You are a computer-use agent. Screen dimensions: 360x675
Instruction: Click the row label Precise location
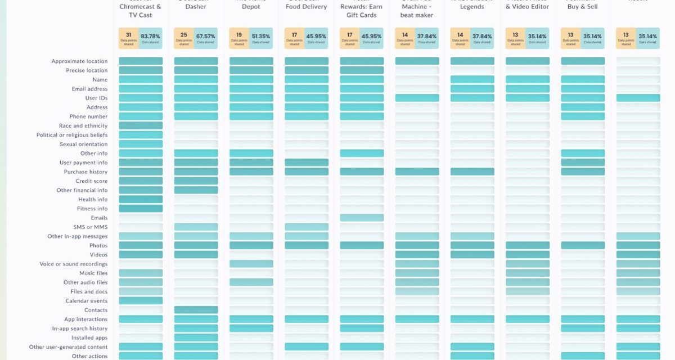click(87, 70)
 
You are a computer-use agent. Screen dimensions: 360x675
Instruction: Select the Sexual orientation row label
click(83, 144)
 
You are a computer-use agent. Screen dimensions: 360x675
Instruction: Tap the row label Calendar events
click(86, 301)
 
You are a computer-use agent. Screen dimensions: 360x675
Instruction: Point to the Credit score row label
click(92, 181)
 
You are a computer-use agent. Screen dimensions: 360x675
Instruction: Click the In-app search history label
click(80, 328)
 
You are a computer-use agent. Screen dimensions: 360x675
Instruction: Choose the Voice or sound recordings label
click(73, 264)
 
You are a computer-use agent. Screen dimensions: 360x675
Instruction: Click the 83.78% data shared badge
click(150, 38)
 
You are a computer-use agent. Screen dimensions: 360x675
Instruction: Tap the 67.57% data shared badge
click(205, 38)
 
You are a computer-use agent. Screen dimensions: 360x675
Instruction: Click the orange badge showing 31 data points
click(129, 38)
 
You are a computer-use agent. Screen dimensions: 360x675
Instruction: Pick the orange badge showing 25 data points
click(184, 38)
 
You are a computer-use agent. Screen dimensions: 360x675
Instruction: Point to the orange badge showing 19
click(239, 38)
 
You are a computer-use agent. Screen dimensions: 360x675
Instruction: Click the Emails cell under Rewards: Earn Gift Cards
click(362, 218)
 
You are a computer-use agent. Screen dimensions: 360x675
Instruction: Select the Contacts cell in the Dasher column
click(196, 310)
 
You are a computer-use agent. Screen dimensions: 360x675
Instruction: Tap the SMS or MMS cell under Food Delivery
click(307, 227)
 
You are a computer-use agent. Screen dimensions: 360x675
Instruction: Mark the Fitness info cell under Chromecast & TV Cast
click(141, 209)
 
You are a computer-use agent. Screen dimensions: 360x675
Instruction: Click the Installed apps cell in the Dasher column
click(196, 337)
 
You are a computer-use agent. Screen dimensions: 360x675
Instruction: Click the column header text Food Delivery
click(307, 7)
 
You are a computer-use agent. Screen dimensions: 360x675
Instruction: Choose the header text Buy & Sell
click(582, 7)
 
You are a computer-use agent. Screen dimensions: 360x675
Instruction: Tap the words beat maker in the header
click(417, 15)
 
